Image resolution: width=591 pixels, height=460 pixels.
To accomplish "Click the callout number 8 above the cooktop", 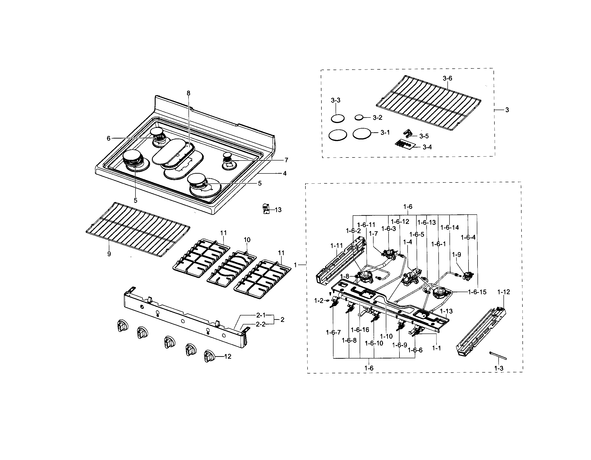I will [188, 93].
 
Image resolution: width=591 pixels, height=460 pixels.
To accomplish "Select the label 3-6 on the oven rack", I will [447, 78].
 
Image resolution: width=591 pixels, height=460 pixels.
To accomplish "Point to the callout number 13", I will [278, 210].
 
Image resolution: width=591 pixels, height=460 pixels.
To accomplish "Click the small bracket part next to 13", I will [266, 209].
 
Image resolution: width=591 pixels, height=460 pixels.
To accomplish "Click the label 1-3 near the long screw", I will [499, 368].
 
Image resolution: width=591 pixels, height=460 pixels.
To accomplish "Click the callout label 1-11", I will [336, 246].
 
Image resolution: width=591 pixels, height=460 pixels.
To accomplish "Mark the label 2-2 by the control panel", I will [261, 324].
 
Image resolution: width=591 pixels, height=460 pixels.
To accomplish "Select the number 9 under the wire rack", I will [109, 254].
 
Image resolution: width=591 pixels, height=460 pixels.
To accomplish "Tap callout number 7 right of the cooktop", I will [286, 160].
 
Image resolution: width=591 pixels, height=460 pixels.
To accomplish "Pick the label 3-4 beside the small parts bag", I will [427, 147].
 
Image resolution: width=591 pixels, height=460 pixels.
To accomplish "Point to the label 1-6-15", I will [477, 292].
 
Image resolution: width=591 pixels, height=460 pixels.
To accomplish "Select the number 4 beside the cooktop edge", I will [285, 173].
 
